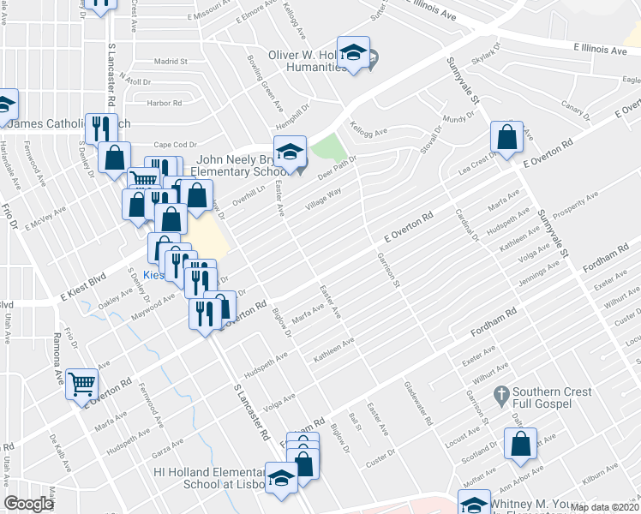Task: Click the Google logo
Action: [x=29, y=504]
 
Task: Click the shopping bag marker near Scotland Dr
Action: [x=520, y=443]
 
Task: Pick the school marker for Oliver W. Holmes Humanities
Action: [x=352, y=52]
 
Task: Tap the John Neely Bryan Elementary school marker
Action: [x=290, y=151]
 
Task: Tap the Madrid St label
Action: [x=170, y=62]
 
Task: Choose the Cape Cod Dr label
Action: [x=176, y=145]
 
